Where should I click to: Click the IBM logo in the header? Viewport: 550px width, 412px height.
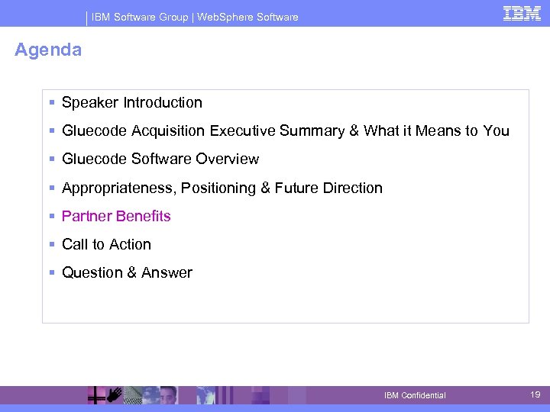point(522,14)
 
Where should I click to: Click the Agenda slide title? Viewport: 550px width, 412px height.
point(48,50)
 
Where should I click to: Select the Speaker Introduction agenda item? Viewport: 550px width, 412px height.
point(131,102)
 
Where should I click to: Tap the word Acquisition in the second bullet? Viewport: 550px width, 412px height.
point(168,131)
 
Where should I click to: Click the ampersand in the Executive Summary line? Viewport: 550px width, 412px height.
point(354,131)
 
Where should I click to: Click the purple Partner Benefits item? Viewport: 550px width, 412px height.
point(116,216)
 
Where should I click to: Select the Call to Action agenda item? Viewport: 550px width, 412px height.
point(106,244)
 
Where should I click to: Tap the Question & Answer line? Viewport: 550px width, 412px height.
point(127,272)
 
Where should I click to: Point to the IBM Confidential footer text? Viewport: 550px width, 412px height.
point(415,395)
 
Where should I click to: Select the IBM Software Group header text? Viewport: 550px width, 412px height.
point(140,17)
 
